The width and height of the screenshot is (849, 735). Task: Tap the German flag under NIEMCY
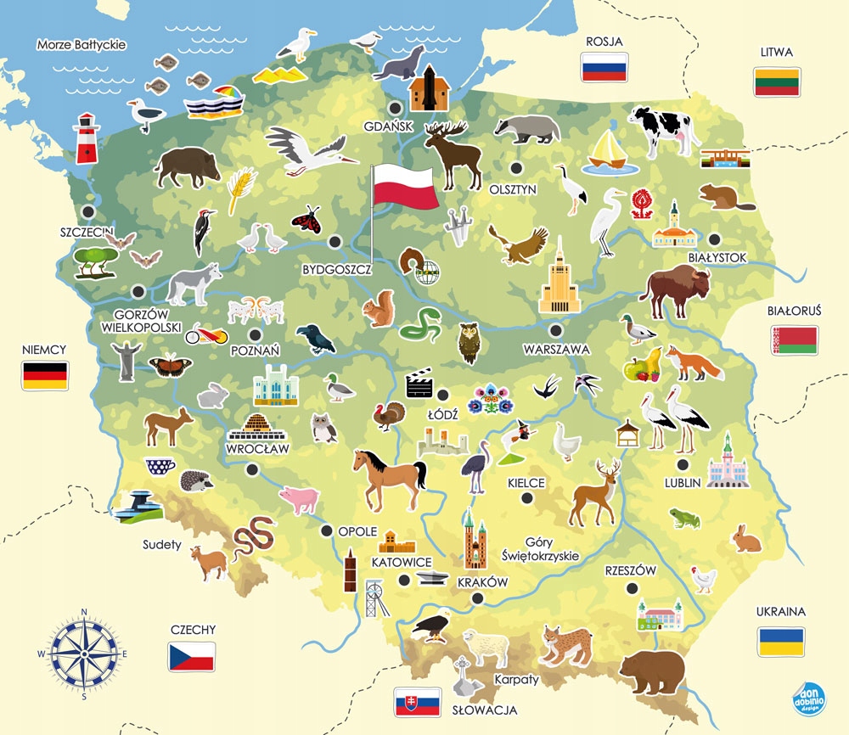[x=45, y=375]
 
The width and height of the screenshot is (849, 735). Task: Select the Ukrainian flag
[x=782, y=641]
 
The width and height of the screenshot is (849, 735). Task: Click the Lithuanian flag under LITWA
[x=777, y=81]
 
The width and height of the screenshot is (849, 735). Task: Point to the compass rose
[x=84, y=654]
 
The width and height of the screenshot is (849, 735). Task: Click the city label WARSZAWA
[x=556, y=349]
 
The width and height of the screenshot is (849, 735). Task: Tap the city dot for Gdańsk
[x=396, y=108]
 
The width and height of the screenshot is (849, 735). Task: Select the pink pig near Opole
[x=297, y=499]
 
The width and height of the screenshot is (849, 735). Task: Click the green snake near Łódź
[x=420, y=324]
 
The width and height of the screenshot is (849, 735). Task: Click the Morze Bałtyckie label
[x=82, y=44]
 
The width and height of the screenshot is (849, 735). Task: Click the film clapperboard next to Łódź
[x=419, y=384]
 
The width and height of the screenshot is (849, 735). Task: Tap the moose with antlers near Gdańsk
[x=453, y=153]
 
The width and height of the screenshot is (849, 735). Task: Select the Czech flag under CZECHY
[x=192, y=657]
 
